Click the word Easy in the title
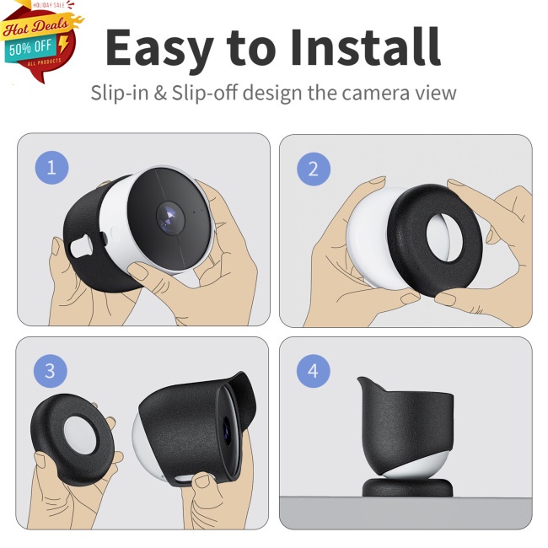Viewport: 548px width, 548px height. click(x=160, y=49)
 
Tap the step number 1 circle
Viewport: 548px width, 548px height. click(x=51, y=168)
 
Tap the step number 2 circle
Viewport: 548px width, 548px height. click(x=314, y=169)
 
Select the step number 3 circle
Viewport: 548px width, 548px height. click(x=51, y=370)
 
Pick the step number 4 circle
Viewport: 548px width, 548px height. click(x=314, y=370)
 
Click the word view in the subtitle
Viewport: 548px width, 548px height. click(x=437, y=92)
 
